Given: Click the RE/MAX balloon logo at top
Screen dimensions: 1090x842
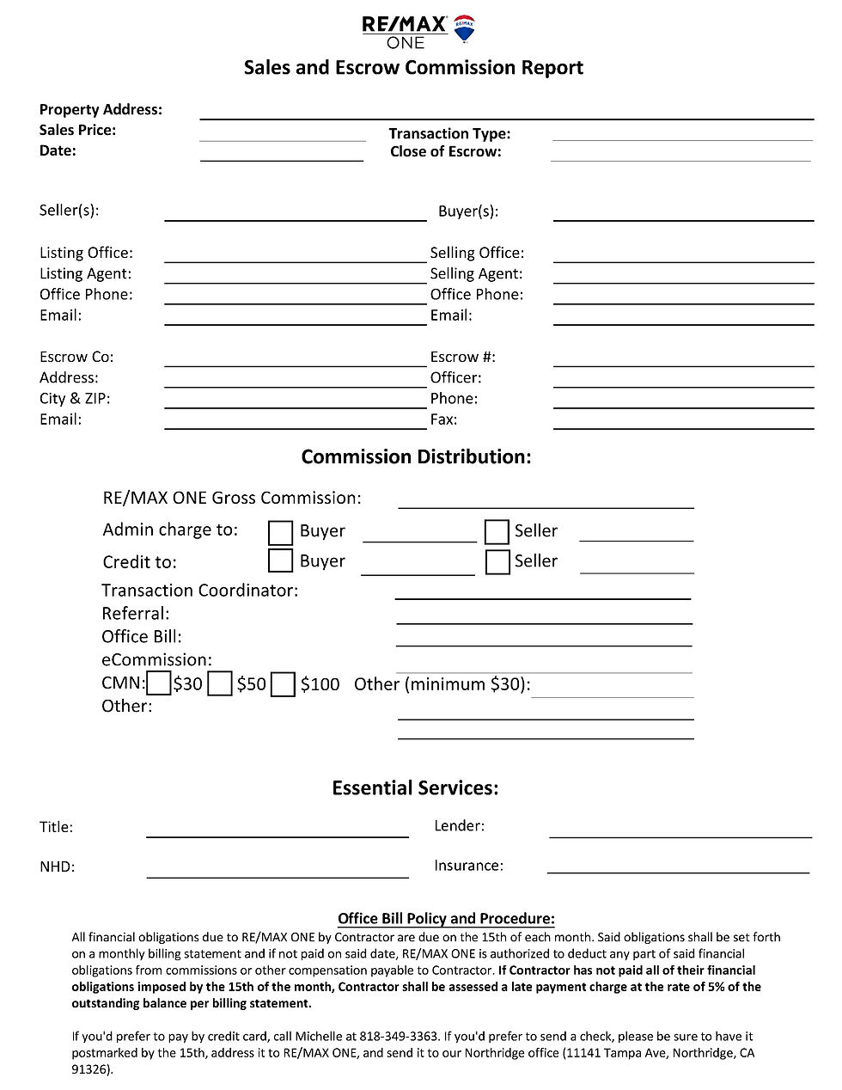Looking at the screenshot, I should tap(465, 28).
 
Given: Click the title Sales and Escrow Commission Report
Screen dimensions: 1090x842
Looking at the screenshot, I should tap(413, 68).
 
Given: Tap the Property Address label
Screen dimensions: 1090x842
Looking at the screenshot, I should tap(101, 110).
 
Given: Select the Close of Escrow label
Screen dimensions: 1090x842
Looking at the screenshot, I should tap(445, 152).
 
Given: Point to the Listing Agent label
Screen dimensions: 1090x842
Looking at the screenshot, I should tap(85, 273).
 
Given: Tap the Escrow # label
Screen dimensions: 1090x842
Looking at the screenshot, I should tap(462, 357).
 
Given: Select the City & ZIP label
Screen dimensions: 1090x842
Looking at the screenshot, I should tap(75, 399).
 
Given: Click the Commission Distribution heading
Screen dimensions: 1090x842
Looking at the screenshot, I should tap(416, 457).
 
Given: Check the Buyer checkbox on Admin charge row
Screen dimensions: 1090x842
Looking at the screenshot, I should tap(280, 532).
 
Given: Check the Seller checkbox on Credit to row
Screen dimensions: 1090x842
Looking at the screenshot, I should tap(497, 562).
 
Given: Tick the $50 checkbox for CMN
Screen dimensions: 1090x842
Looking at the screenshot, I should tap(221, 685).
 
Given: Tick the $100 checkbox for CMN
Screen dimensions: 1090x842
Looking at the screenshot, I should tap(283, 685).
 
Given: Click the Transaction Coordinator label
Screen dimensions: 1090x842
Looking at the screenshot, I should tap(199, 591).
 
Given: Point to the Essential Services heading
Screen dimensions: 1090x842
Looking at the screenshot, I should tap(415, 788).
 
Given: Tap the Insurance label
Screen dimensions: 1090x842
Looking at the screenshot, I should tap(468, 866).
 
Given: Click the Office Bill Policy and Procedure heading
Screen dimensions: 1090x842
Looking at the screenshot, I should tap(446, 919).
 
